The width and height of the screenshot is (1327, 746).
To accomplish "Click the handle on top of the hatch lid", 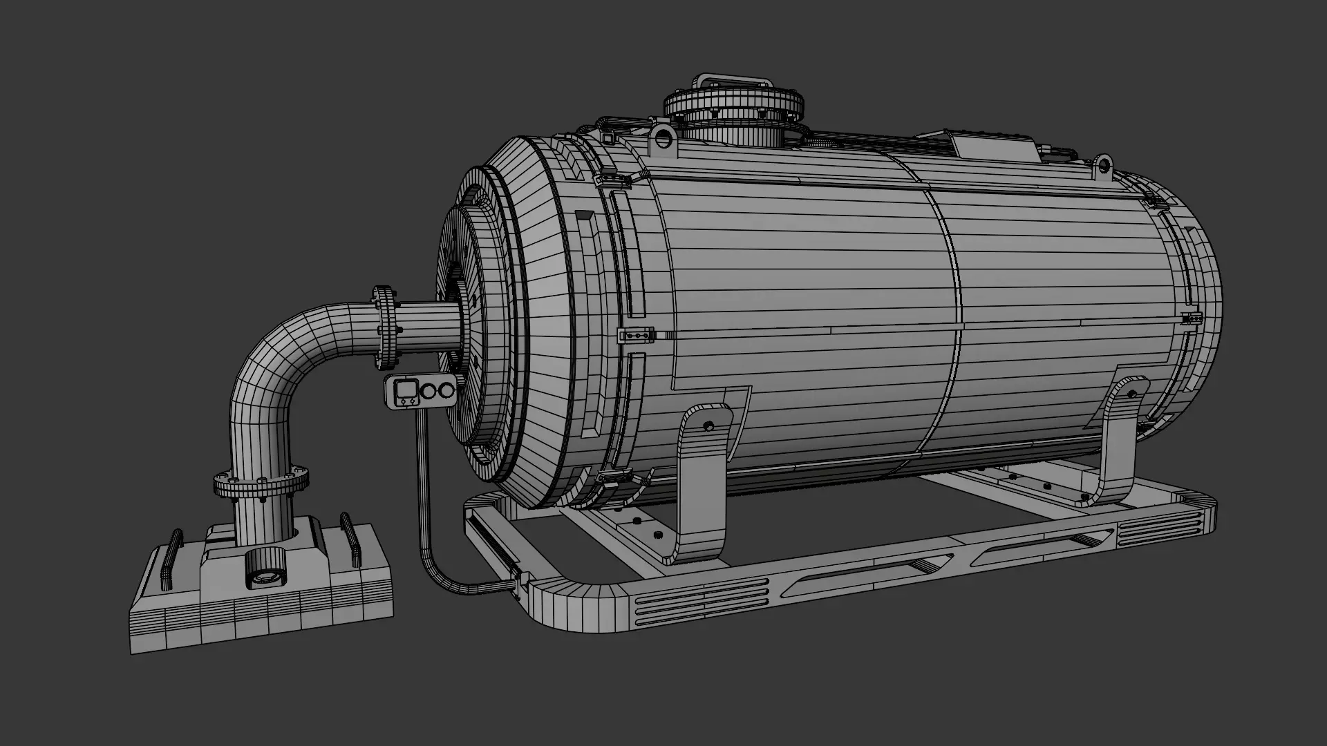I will (x=734, y=79).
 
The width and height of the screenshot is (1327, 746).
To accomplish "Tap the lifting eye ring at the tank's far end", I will (x=1103, y=164).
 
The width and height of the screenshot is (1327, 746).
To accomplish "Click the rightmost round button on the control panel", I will (x=447, y=392).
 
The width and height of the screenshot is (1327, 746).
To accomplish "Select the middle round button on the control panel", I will (x=429, y=392).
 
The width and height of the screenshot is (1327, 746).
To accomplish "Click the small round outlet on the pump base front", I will (x=265, y=575).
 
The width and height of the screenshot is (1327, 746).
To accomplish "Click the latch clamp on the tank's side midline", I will (x=635, y=336).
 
